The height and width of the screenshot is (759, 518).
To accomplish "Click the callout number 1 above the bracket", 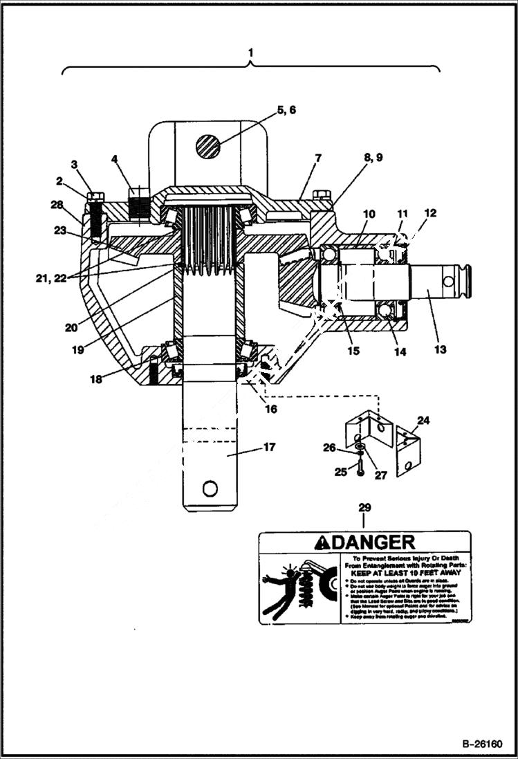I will click(250, 53).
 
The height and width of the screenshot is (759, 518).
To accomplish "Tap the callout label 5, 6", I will click(287, 110).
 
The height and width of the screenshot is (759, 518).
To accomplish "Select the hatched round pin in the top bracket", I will click(207, 147).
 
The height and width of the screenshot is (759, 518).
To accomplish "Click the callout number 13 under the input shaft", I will click(440, 349).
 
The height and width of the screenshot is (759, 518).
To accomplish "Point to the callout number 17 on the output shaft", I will click(269, 447).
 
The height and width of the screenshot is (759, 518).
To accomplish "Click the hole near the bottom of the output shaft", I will click(210, 489).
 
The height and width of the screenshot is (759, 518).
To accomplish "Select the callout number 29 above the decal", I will click(364, 508).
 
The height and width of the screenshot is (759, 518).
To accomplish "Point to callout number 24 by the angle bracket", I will click(423, 419).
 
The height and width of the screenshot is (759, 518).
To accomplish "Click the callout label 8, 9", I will click(369, 158).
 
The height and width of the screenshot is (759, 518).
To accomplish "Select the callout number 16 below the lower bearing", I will click(270, 409).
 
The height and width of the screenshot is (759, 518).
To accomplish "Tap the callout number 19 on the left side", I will click(78, 349).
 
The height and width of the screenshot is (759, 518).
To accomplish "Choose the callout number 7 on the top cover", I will click(317, 158).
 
